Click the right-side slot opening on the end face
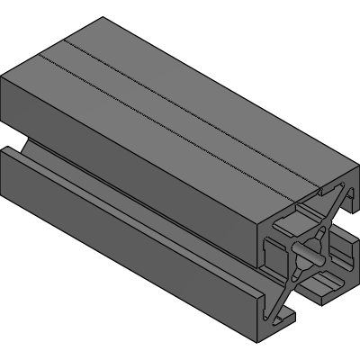click(340, 251)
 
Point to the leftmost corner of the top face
click(3, 79)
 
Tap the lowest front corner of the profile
click(257, 342)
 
